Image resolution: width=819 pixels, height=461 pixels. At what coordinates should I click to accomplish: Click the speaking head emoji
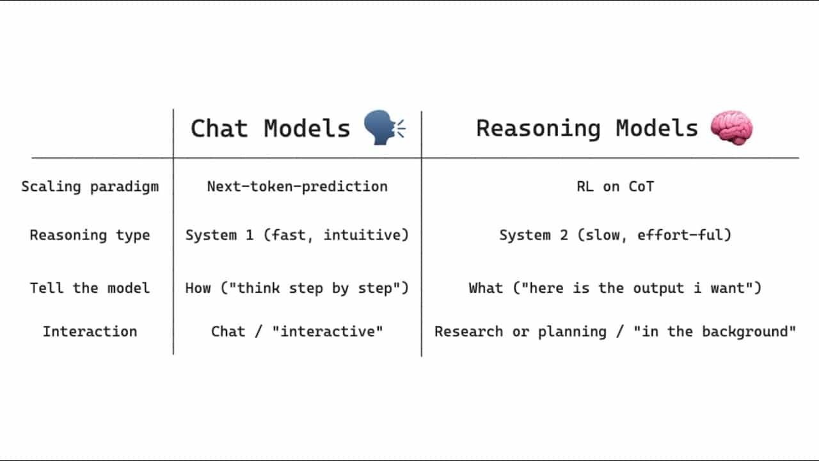click(384, 127)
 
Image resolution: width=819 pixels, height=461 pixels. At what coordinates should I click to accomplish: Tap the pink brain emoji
click(731, 127)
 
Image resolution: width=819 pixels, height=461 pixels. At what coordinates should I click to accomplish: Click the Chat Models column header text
click(271, 129)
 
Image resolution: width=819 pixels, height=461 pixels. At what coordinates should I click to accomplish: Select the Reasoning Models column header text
click(587, 129)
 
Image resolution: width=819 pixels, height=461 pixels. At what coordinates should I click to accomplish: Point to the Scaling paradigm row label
click(90, 186)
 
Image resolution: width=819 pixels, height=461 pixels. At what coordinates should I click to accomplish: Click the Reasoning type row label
click(90, 235)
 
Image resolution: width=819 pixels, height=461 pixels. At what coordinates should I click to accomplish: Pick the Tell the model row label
click(90, 288)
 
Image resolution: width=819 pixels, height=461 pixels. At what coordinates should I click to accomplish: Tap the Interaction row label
click(90, 332)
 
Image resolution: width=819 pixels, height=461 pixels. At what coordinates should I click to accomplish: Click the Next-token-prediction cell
click(298, 186)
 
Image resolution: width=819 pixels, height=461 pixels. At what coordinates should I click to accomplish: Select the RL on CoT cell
click(616, 186)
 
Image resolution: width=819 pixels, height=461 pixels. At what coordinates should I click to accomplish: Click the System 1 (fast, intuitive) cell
click(297, 235)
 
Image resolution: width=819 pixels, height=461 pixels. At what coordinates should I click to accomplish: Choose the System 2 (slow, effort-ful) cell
click(616, 235)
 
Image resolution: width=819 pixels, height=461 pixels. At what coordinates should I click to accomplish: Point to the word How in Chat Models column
click(198, 288)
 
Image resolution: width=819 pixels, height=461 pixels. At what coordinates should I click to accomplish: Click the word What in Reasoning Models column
click(486, 288)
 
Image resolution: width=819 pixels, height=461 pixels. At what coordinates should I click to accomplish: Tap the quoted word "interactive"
click(328, 332)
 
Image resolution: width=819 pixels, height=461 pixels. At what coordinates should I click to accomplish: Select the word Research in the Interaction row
click(469, 332)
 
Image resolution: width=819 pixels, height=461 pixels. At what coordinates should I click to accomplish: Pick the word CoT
click(641, 186)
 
